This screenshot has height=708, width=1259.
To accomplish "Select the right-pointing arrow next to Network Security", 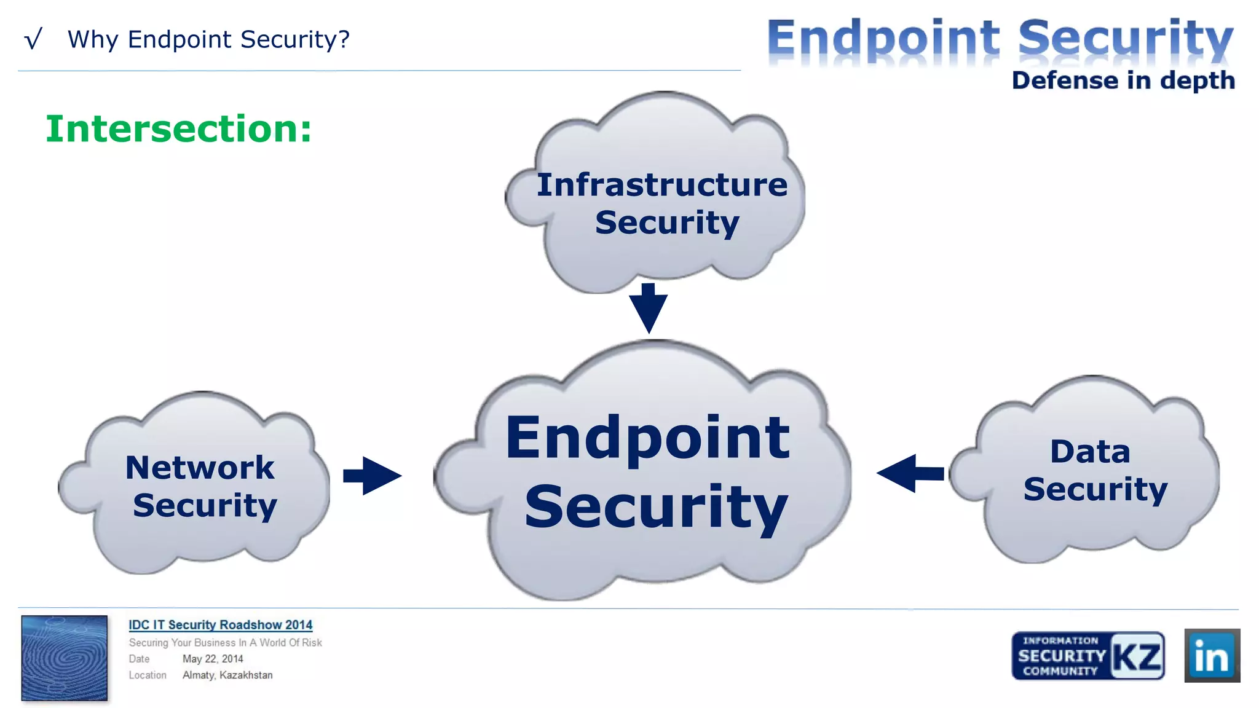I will coord(373,475).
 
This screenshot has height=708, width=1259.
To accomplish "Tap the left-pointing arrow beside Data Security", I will coord(909,473).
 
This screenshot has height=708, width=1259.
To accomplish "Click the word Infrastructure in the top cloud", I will coord(661,185).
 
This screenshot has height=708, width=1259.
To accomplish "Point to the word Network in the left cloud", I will coord(200,468).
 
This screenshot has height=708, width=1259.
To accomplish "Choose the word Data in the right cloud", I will coord(1090,452).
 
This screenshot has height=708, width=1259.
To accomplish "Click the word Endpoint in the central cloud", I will coord(647,438).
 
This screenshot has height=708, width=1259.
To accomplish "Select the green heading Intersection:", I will coord(179,129).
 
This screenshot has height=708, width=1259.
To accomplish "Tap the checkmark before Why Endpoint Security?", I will coord(33,39).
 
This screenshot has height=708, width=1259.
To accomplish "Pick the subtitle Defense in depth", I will coord(1123,81).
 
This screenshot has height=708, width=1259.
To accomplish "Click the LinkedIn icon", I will coord(1212,655).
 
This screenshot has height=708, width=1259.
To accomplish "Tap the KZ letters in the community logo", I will coord(1137,656).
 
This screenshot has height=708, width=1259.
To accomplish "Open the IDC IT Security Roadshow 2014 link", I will coord(220,625).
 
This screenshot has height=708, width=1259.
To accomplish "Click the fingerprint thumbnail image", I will coord(65,658).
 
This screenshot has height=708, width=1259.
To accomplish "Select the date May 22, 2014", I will coord(213,659).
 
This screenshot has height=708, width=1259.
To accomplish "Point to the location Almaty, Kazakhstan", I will coord(227,675).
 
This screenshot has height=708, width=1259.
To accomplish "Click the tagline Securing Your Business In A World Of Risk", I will coord(225,642).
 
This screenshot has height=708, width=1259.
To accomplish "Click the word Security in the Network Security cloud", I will coord(205,506).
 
